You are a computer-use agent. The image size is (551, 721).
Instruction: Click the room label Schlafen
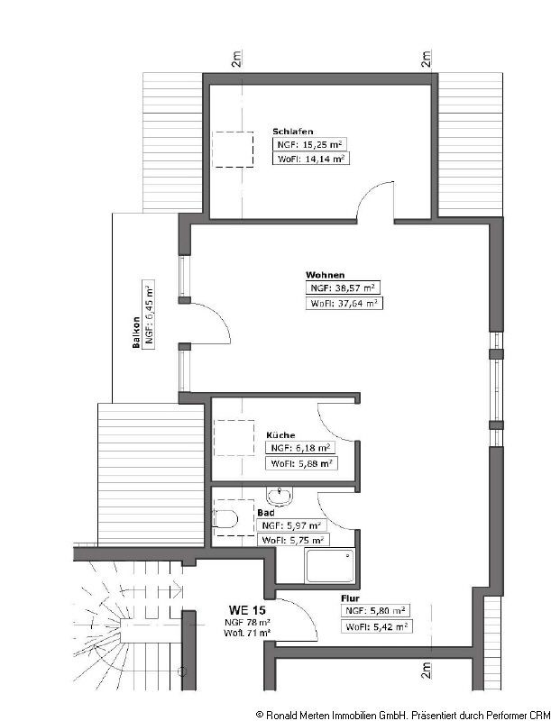click(293, 132)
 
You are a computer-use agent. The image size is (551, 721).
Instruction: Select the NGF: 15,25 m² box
click(311, 144)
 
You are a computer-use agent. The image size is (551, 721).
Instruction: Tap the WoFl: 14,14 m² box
click(311, 159)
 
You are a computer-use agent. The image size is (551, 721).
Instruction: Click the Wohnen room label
click(325, 275)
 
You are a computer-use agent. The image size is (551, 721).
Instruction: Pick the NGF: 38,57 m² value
click(343, 288)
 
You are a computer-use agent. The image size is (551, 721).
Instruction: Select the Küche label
click(280, 435)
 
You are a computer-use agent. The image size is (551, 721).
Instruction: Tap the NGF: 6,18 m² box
click(301, 448)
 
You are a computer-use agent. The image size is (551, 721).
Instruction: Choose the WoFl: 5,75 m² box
click(292, 540)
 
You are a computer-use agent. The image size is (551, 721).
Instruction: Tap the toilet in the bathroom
click(225, 519)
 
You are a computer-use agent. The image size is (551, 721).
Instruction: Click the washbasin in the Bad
click(283, 495)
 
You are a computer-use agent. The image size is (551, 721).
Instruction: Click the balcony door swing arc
click(215, 323)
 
